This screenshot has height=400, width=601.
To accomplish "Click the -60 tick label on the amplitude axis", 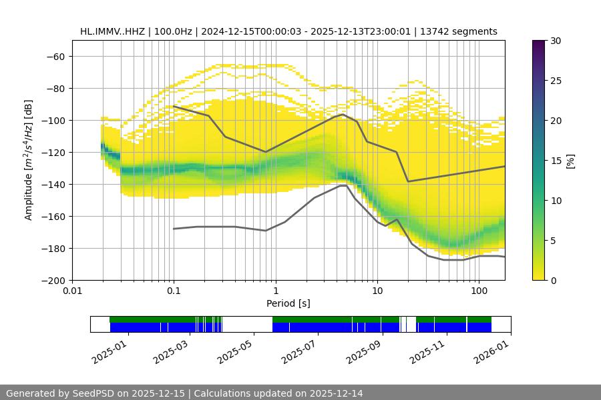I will pos(55,56).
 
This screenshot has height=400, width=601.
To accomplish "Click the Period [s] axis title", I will pos(288,303).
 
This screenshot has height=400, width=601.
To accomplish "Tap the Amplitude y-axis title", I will pos(29,160).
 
